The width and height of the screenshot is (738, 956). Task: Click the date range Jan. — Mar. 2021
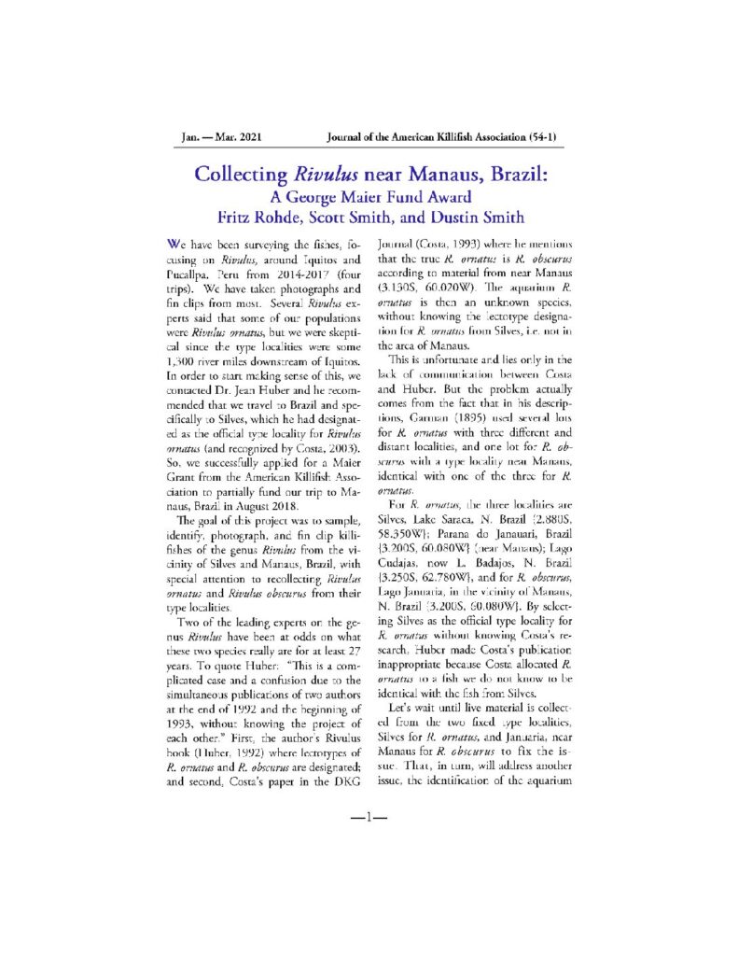(x=221, y=137)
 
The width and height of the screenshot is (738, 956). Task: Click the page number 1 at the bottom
(x=369, y=818)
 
